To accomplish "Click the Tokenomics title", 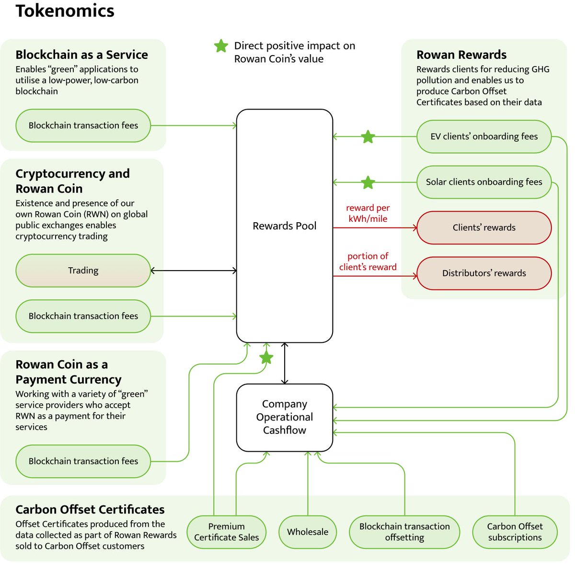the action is [65, 11].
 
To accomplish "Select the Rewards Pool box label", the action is [284, 226].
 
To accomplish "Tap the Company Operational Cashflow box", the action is [284, 418].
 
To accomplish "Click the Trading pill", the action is [83, 270].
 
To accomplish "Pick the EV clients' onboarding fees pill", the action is [483, 137].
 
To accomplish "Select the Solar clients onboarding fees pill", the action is [483, 182].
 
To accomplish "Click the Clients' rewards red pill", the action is [483, 228].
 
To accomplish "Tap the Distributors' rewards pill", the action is [483, 273].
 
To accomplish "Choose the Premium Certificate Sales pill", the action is [226, 532].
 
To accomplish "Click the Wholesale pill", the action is [308, 532].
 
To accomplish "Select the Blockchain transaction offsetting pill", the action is [404, 532].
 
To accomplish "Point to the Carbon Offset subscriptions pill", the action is [515, 532].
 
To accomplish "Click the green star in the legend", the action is [221, 46].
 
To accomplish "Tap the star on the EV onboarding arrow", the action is [368, 137].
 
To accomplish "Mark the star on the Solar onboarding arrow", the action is [368, 182].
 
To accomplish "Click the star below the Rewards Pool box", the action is [266, 357].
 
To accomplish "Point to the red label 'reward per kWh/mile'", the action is [368, 213].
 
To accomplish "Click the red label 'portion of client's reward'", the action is [368, 262].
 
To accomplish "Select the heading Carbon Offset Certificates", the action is [90, 510].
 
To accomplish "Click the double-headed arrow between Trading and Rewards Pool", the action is [194, 271].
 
